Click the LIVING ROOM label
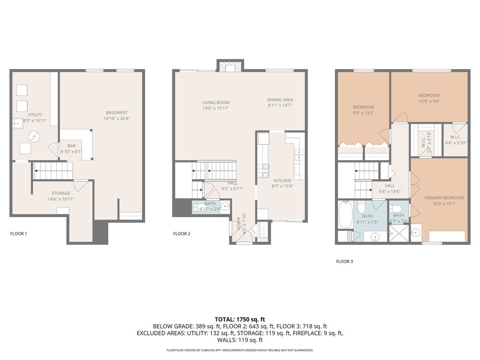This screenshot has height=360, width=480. pyautogui.click(x=215, y=102)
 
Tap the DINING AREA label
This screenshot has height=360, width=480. pyautogui.click(x=280, y=100)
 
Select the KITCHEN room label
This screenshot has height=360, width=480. pyautogui.click(x=282, y=180)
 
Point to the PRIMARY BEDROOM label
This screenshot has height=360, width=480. pyautogui.click(x=444, y=198)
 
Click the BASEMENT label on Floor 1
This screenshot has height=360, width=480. pyautogui.click(x=116, y=112)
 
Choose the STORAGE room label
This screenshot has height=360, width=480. pyautogui.click(x=61, y=193)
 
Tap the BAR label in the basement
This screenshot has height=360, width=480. pyautogui.click(x=72, y=146)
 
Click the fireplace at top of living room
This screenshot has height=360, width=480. pyautogui.click(x=230, y=67)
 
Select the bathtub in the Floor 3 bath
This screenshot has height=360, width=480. pyautogui.click(x=345, y=214)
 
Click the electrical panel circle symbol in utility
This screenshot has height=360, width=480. pyautogui.click(x=34, y=137)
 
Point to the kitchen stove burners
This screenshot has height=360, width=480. pyautogui.click(x=263, y=171)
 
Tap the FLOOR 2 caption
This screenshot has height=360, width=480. pyautogui.click(x=182, y=234)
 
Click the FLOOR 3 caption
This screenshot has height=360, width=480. pyautogui.click(x=344, y=262)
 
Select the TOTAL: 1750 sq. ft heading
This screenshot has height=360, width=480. pyautogui.click(x=240, y=320)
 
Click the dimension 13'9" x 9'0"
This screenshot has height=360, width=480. pyautogui.click(x=429, y=101)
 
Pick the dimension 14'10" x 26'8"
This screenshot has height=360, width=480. pyautogui.click(x=116, y=118)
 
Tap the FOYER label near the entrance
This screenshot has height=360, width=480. pyautogui.click(x=239, y=224)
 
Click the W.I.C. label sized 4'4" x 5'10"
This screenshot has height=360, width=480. pyautogui.click(x=456, y=137)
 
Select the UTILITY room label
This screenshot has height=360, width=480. pyautogui.click(x=35, y=115)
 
